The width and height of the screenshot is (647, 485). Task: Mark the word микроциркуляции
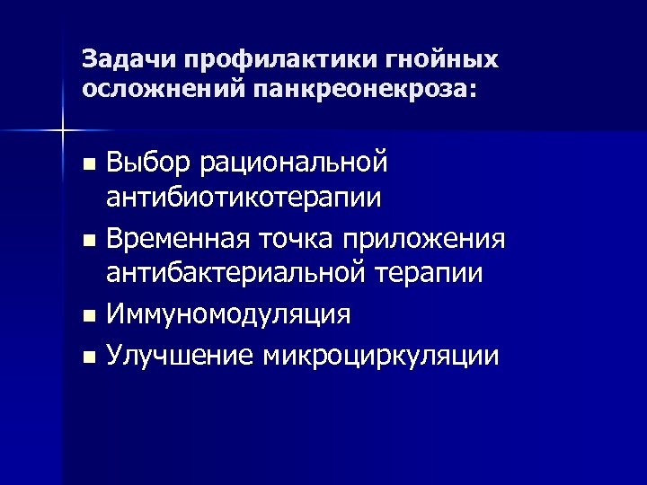click(x=381, y=356)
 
